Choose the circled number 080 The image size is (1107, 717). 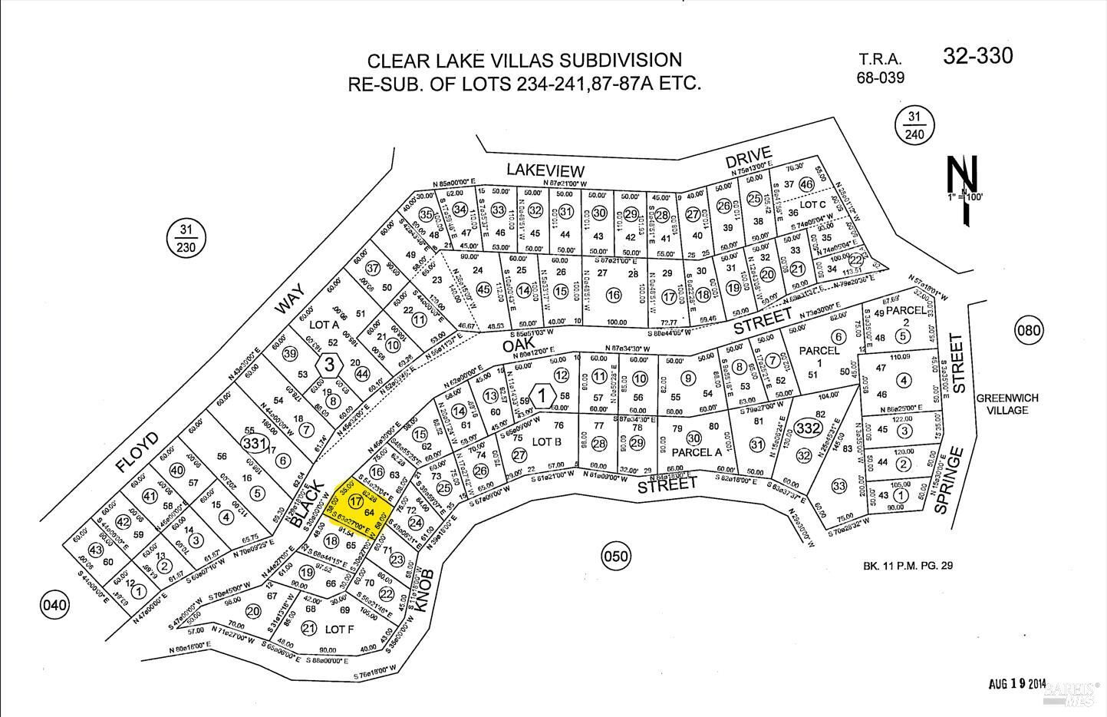pos(1029,332)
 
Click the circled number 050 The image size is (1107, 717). pos(616,557)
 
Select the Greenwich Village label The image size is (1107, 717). pos(1007,404)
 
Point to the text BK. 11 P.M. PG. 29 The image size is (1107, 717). pos(907,567)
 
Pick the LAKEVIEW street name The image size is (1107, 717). pos(545,171)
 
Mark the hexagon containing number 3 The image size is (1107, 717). pos(329,364)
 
